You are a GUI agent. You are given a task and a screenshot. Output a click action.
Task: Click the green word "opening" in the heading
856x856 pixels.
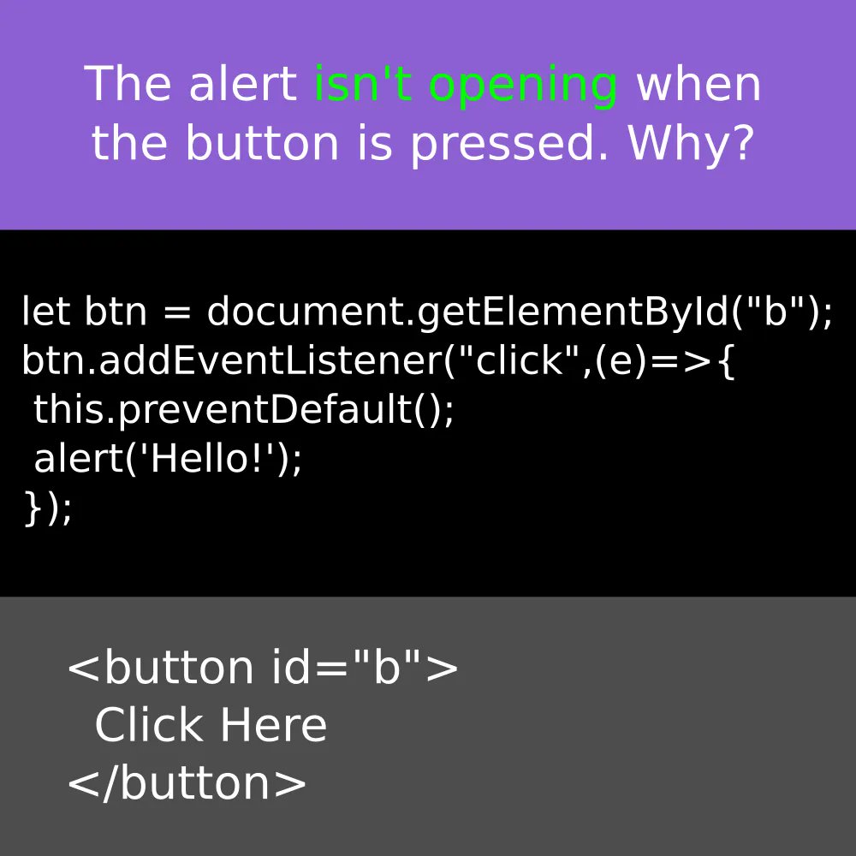(x=523, y=86)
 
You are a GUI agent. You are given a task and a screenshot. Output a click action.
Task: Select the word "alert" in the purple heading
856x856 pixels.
(x=242, y=84)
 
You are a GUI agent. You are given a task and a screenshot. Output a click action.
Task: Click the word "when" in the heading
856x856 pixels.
(x=698, y=84)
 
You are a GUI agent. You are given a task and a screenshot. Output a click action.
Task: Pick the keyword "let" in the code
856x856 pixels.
(x=46, y=312)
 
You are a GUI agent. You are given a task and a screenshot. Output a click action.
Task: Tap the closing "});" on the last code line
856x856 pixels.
(x=48, y=508)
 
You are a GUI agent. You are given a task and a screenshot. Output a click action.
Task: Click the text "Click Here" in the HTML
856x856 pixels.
(x=211, y=726)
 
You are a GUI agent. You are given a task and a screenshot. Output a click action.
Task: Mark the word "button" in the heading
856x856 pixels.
(x=262, y=143)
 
